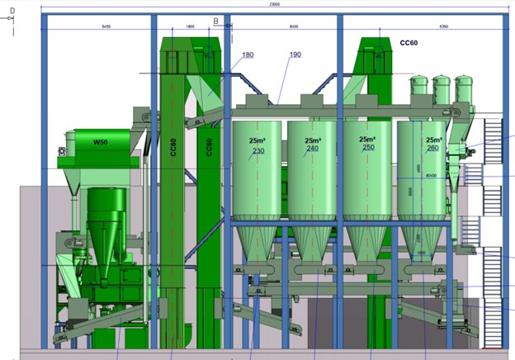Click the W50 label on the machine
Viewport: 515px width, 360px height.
pos(100,143)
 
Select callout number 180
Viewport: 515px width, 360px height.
pos(248,55)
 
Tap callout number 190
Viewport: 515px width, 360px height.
pos(295,55)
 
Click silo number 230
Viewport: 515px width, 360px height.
pos(258,151)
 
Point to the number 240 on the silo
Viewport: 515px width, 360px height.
pos(312,149)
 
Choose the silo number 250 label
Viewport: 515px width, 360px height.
pos(367,148)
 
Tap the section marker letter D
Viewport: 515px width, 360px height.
pos(12,11)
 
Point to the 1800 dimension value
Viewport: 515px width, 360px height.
pos(191,26)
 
